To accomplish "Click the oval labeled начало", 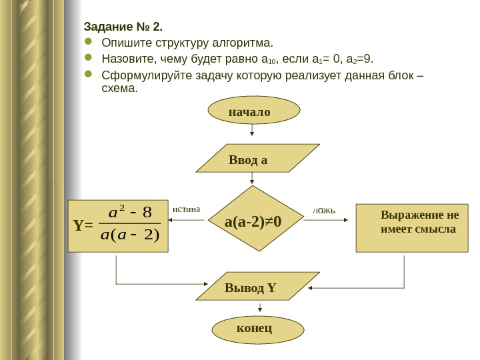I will point(250,111).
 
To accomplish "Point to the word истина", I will point(186,209).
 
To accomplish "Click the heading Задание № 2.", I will point(123,28).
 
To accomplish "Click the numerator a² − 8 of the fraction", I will point(131,213).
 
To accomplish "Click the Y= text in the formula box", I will point(83,225).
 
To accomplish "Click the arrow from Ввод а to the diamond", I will point(252,179).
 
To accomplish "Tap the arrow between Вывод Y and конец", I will point(252,310).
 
